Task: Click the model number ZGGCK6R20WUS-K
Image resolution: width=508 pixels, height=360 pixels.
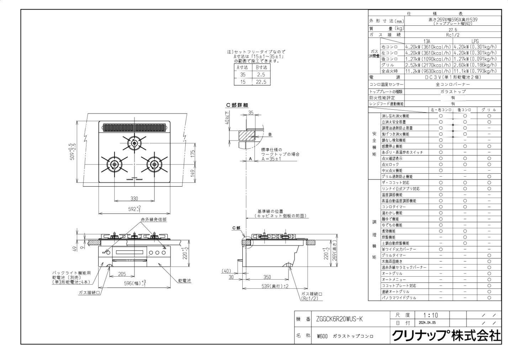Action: [x=339, y=319]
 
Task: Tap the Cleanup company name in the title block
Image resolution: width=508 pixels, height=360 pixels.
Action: [x=446, y=335]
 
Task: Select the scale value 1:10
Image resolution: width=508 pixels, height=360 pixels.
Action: [x=431, y=315]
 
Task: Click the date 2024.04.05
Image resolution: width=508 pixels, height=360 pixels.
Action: [x=427, y=323]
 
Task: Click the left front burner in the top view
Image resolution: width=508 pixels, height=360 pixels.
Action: [x=114, y=164]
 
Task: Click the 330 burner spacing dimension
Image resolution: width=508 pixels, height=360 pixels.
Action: [x=134, y=198]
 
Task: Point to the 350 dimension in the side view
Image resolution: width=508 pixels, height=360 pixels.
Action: [x=267, y=277]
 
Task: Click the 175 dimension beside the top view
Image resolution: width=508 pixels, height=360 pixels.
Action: [x=192, y=153]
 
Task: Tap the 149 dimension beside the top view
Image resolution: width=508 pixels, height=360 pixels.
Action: [x=192, y=173]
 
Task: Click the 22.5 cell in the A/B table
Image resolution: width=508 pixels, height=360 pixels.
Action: [x=261, y=82]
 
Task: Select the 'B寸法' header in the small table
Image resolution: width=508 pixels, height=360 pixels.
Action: [x=261, y=67]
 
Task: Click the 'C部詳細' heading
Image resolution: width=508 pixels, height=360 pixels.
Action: [x=237, y=105]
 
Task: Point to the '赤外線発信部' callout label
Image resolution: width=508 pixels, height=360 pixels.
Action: [x=153, y=220]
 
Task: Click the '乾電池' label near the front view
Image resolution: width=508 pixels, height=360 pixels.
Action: [x=184, y=281]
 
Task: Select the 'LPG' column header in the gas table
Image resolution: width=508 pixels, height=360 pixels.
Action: [x=475, y=42]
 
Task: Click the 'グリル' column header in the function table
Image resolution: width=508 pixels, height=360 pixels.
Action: [x=489, y=110]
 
